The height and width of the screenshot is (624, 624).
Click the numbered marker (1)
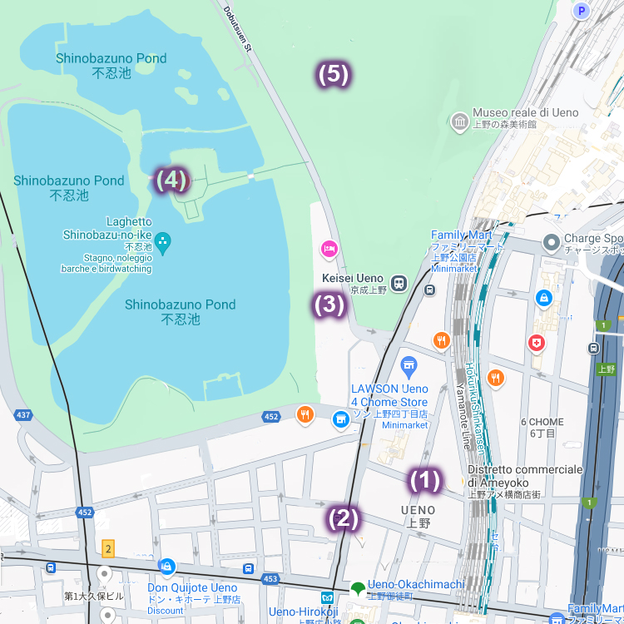click(423, 480)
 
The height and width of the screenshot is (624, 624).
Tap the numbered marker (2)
click(344, 518)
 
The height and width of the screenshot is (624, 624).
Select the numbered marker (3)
click(329, 305)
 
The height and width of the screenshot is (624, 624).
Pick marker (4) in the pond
click(172, 180)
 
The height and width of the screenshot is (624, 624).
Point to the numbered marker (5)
click(333, 75)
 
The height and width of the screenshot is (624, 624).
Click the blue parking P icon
click(582, 10)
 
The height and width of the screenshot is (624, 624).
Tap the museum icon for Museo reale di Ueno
click(459, 123)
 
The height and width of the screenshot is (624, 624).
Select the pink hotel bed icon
click(329, 249)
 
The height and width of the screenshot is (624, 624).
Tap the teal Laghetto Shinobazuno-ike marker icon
click(162, 243)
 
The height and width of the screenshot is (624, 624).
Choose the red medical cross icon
click(537, 343)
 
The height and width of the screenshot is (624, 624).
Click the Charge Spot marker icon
click(550, 244)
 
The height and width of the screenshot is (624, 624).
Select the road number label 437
click(23, 414)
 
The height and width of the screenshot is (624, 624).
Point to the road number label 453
click(270, 578)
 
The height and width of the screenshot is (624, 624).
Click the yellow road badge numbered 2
click(107, 548)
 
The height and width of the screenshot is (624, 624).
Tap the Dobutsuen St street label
click(236, 31)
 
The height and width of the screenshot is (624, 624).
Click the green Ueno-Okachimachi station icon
click(358, 588)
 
